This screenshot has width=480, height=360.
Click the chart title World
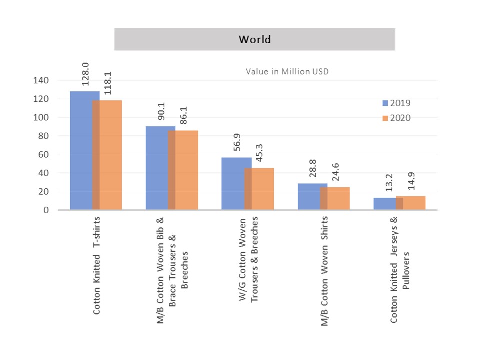click(x=255, y=39)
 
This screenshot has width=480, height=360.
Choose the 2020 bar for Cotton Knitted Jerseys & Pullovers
click(x=414, y=203)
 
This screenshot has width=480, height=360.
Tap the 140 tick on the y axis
click(x=41, y=80)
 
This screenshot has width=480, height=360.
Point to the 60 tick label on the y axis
click(x=43, y=154)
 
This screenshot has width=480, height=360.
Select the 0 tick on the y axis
click(x=46, y=210)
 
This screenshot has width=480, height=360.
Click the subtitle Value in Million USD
click(x=287, y=71)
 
